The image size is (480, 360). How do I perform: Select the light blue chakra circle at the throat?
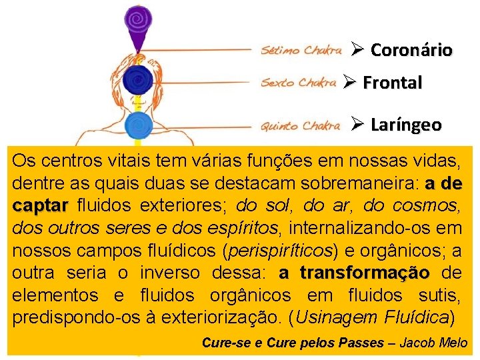139,125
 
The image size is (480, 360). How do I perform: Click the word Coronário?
411,50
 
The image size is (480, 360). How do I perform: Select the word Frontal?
392,83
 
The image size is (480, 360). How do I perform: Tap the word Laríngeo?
405,125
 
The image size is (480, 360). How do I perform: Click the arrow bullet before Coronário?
356,49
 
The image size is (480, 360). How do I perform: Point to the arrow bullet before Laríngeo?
356,124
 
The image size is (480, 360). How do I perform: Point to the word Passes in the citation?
363,343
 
